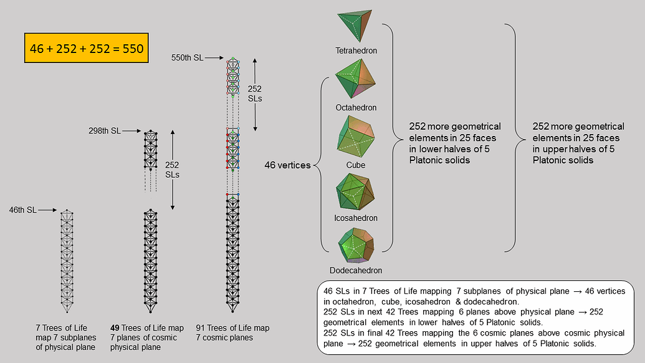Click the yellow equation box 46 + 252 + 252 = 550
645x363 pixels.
(86, 47)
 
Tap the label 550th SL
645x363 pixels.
(187, 57)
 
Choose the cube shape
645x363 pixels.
(356, 137)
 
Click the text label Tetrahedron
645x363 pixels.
(356, 51)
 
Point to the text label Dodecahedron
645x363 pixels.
(356, 271)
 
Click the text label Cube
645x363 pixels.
(356, 165)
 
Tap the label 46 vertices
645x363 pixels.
(288, 166)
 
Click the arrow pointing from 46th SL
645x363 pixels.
(48, 211)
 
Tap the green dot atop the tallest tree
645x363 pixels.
(233, 59)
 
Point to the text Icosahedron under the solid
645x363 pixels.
(356, 218)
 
